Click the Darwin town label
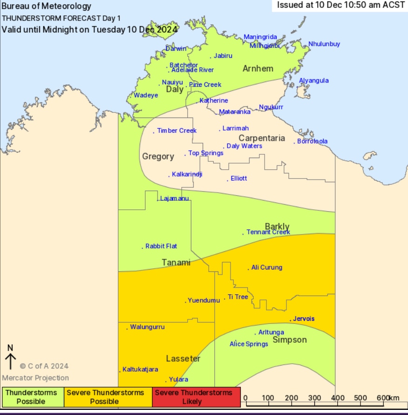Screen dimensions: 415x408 (x=176, y=48)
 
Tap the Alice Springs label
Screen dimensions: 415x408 (x=249, y=344)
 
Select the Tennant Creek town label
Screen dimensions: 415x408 (x=268, y=232)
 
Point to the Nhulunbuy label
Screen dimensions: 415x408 (x=324, y=44)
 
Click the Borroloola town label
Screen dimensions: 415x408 (x=312, y=141)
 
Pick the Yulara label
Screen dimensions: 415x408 (x=179, y=380)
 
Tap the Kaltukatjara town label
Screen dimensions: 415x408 (x=140, y=369)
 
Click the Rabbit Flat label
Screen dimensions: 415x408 (x=161, y=246)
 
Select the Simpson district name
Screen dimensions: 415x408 (x=290, y=340)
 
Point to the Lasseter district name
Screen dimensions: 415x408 (x=183, y=359)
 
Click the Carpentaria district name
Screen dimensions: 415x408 (x=262, y=138)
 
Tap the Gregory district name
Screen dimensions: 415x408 (x=158, y=157)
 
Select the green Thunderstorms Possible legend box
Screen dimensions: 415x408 (x=31, y=397)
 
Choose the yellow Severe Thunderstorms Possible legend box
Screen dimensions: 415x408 (x=105, y=397)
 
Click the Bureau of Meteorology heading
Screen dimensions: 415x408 (x=47, y=7)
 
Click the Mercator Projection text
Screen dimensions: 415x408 (x=35, y=378)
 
